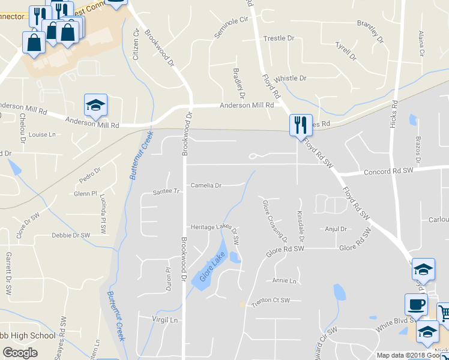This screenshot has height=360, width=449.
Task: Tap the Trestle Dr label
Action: coord(279,38)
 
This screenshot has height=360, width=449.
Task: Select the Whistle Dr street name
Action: coord(290,79)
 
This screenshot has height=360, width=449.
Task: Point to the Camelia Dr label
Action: coord(206,185)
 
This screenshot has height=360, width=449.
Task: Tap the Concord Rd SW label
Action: coord(389,171)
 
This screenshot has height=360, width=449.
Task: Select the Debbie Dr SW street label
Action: coord(70,235)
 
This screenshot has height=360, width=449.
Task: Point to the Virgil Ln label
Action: coord(166,320)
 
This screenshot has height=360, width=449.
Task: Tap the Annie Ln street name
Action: coord(285,281)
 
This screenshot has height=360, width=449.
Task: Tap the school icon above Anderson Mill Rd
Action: coord(95,104)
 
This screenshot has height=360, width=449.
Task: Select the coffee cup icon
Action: coord(416,304)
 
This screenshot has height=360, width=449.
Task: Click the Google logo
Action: coord(20,353)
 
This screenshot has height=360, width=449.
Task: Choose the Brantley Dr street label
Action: coord(370,31)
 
